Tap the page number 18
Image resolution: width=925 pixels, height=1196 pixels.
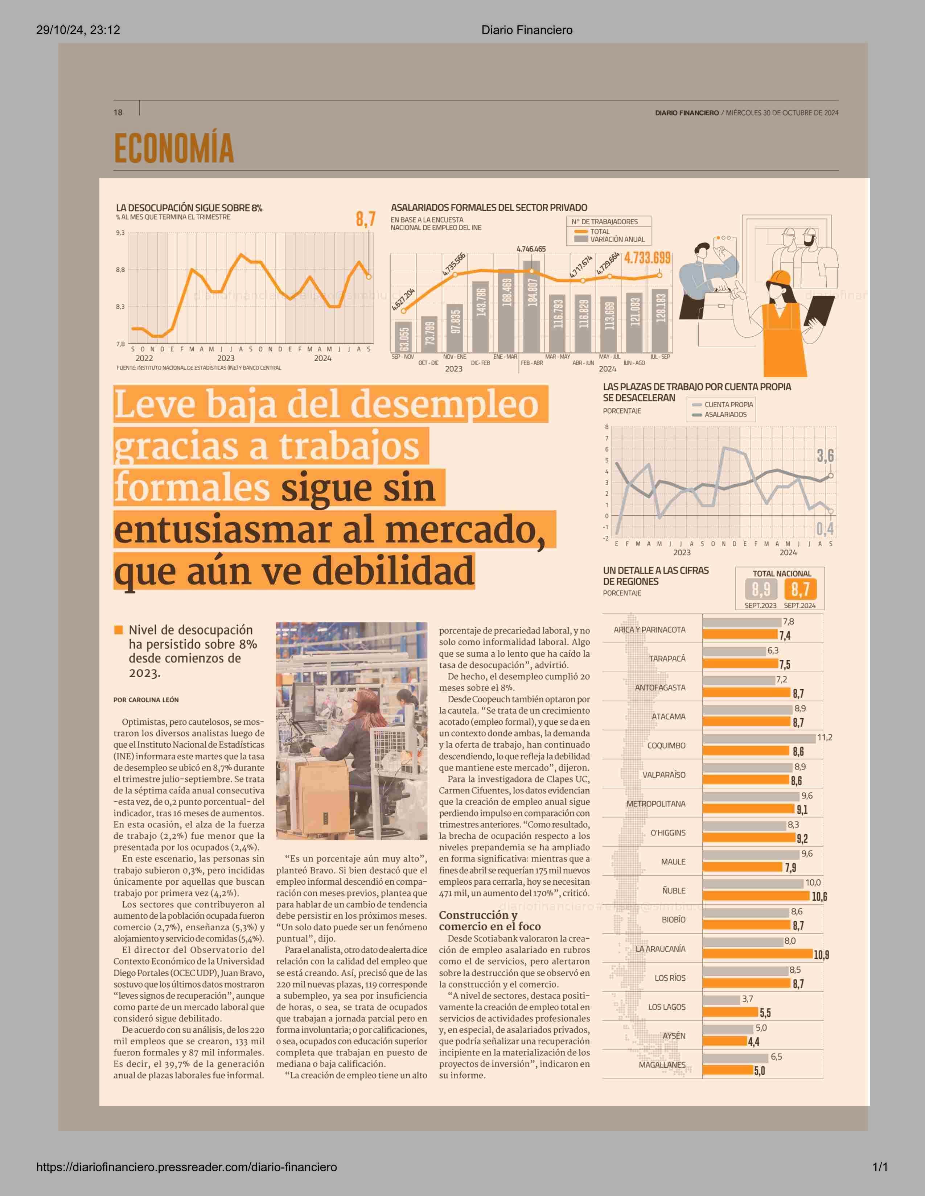(118, 112)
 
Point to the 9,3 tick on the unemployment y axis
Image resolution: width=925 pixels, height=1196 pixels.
(120, 233)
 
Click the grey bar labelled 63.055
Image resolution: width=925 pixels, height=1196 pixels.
(404, 337)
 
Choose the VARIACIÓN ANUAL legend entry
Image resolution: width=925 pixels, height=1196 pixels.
(616, 239)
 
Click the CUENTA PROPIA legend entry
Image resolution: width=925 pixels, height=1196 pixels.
(728, 404)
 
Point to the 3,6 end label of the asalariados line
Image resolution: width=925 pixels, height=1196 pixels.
(825, 456)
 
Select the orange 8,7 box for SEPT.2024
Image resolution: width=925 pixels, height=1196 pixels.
(800, 590)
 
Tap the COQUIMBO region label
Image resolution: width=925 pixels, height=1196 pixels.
(666, 745)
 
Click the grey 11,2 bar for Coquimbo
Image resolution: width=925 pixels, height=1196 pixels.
(759, 738)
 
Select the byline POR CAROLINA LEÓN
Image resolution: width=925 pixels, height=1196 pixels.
(146, 700)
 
